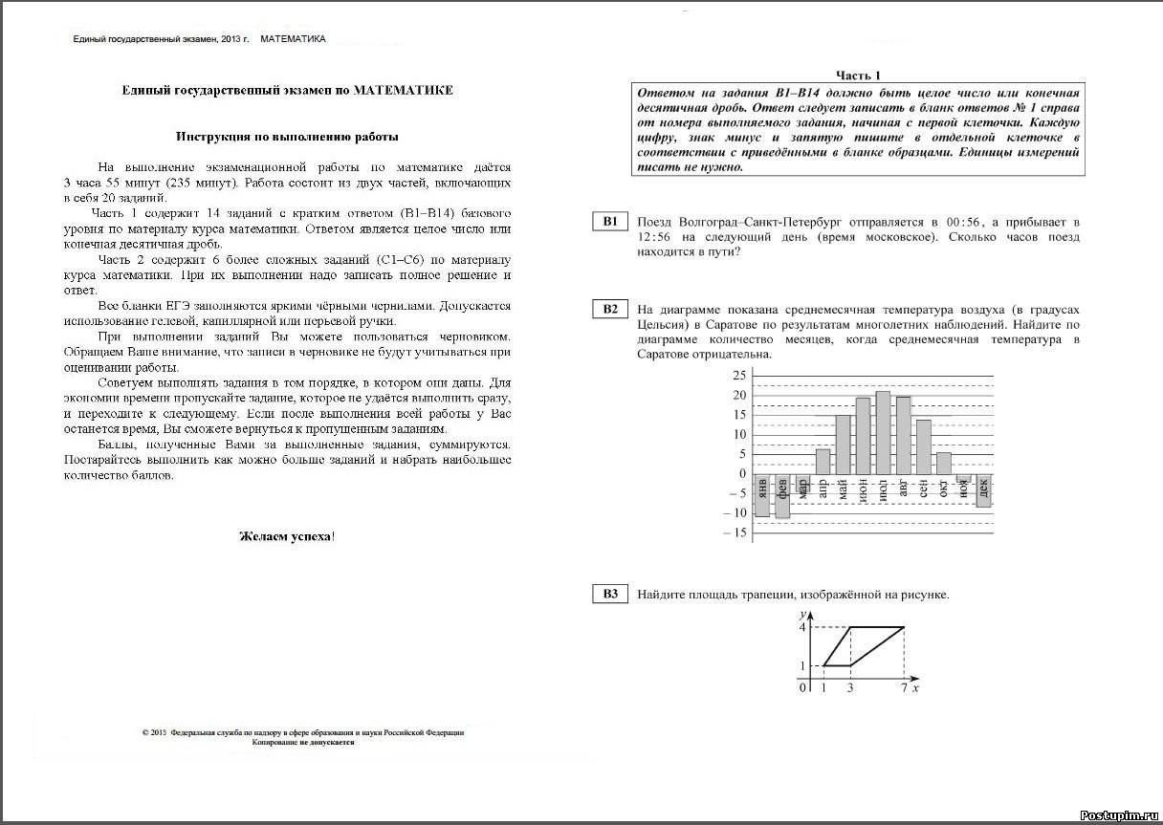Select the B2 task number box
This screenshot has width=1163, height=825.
coord(610,309)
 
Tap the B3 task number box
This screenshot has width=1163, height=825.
coord(610,595)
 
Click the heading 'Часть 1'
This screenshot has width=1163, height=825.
coord(858,76)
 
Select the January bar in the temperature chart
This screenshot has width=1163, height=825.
coord(762,495)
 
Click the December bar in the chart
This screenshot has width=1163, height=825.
coord(983,489)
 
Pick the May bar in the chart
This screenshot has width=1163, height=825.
coord(843,445)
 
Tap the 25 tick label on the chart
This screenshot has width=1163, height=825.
coord(737,376)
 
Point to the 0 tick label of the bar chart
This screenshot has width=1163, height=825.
coord(740,474)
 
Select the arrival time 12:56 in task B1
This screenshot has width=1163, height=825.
coord(657,237)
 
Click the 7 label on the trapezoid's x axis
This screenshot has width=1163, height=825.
coord(904,687)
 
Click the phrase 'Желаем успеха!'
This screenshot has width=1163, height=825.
coord(286,535)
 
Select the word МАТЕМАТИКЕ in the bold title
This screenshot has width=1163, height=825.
coord(403,91)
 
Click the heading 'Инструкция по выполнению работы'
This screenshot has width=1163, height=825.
coord(287,137)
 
